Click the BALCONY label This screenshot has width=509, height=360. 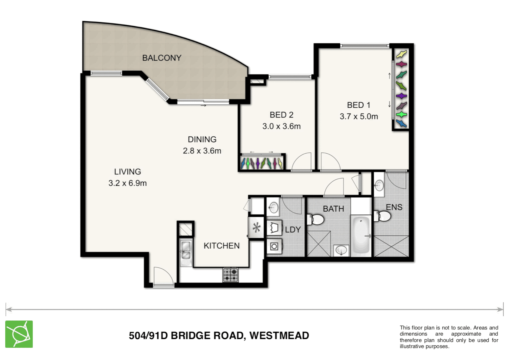[x=162, y=58]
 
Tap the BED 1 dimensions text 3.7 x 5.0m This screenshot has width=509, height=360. [x=359, y=117]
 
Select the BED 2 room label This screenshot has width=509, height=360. [x=281, y=115]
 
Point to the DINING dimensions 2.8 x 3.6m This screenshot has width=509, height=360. [x=202, y=151]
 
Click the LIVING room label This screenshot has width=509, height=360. [x=127, y=172]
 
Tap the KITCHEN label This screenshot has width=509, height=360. [x=222, y=246]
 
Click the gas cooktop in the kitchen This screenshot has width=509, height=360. [x=231, y=275]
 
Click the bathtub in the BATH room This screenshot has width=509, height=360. [x=361, y=235]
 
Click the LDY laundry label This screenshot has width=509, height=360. [x=293, y=230]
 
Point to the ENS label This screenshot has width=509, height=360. [x=394, y=207]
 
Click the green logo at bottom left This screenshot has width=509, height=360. [x=19, y=334]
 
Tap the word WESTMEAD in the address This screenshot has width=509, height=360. [x=279, y=336]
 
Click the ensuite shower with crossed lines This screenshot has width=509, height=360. [x=391, y=246]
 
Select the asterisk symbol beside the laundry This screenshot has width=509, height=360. [x=256, y=228]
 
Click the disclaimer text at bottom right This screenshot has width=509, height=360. [x=449, y=337]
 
